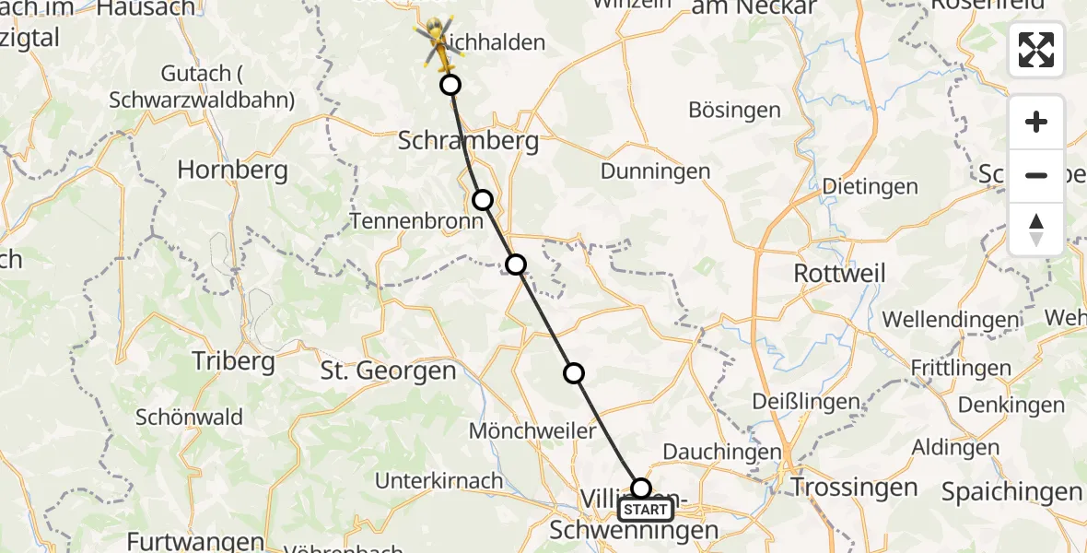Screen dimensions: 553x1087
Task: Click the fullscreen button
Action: tap(1036, 50)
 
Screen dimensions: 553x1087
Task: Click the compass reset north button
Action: tap(1036, 229)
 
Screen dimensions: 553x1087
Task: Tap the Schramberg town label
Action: tap(454, 141)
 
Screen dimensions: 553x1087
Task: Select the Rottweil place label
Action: tap(839, 273)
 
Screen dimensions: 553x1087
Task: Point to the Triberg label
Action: tap(233, 360)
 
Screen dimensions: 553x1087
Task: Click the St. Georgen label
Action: tap(388, 371)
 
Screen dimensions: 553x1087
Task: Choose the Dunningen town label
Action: tap(655, 171)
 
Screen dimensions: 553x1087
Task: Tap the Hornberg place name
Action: tap(232, 170)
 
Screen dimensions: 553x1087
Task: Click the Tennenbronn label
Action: tap(415, 221)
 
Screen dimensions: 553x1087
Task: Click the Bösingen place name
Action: tap(734, 110)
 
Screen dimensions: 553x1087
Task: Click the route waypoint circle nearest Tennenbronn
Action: tap(482, 200)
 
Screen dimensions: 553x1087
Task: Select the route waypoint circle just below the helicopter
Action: tap(450, 86)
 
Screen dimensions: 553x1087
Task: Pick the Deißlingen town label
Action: tap(805, 402)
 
